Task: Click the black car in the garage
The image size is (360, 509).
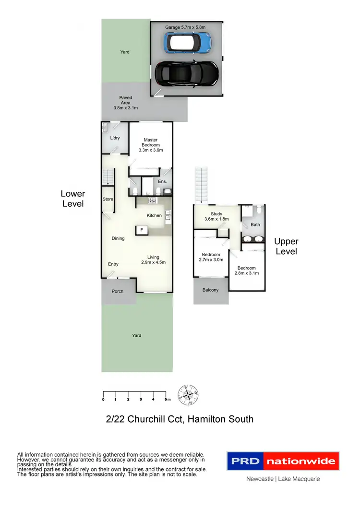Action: [x=187, y=73]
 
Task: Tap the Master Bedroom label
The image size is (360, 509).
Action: [x=151, y=145]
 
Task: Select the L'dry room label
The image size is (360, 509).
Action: [x=115, y=138]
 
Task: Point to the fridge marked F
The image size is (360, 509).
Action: [x=141, y=231]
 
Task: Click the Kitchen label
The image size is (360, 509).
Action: [x=154, y=215]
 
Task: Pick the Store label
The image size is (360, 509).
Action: [x=108, y=199]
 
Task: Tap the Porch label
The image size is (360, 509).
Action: [x=118, y=291]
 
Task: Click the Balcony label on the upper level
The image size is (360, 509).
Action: [x=211, y=290]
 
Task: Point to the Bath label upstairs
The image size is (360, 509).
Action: [x=255, y=224]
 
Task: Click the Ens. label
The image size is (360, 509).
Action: [x=162, y=182]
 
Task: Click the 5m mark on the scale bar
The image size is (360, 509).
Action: [x=166, y=399]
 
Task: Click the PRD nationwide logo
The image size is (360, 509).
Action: [x=283, y=462]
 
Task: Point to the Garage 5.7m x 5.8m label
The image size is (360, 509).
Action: [x=185, y=27]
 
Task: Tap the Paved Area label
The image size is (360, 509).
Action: [x=126, y=103]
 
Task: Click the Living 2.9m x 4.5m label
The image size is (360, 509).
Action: [x=153, y=260]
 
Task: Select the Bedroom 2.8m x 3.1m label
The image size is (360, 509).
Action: [x=246, y=271]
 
